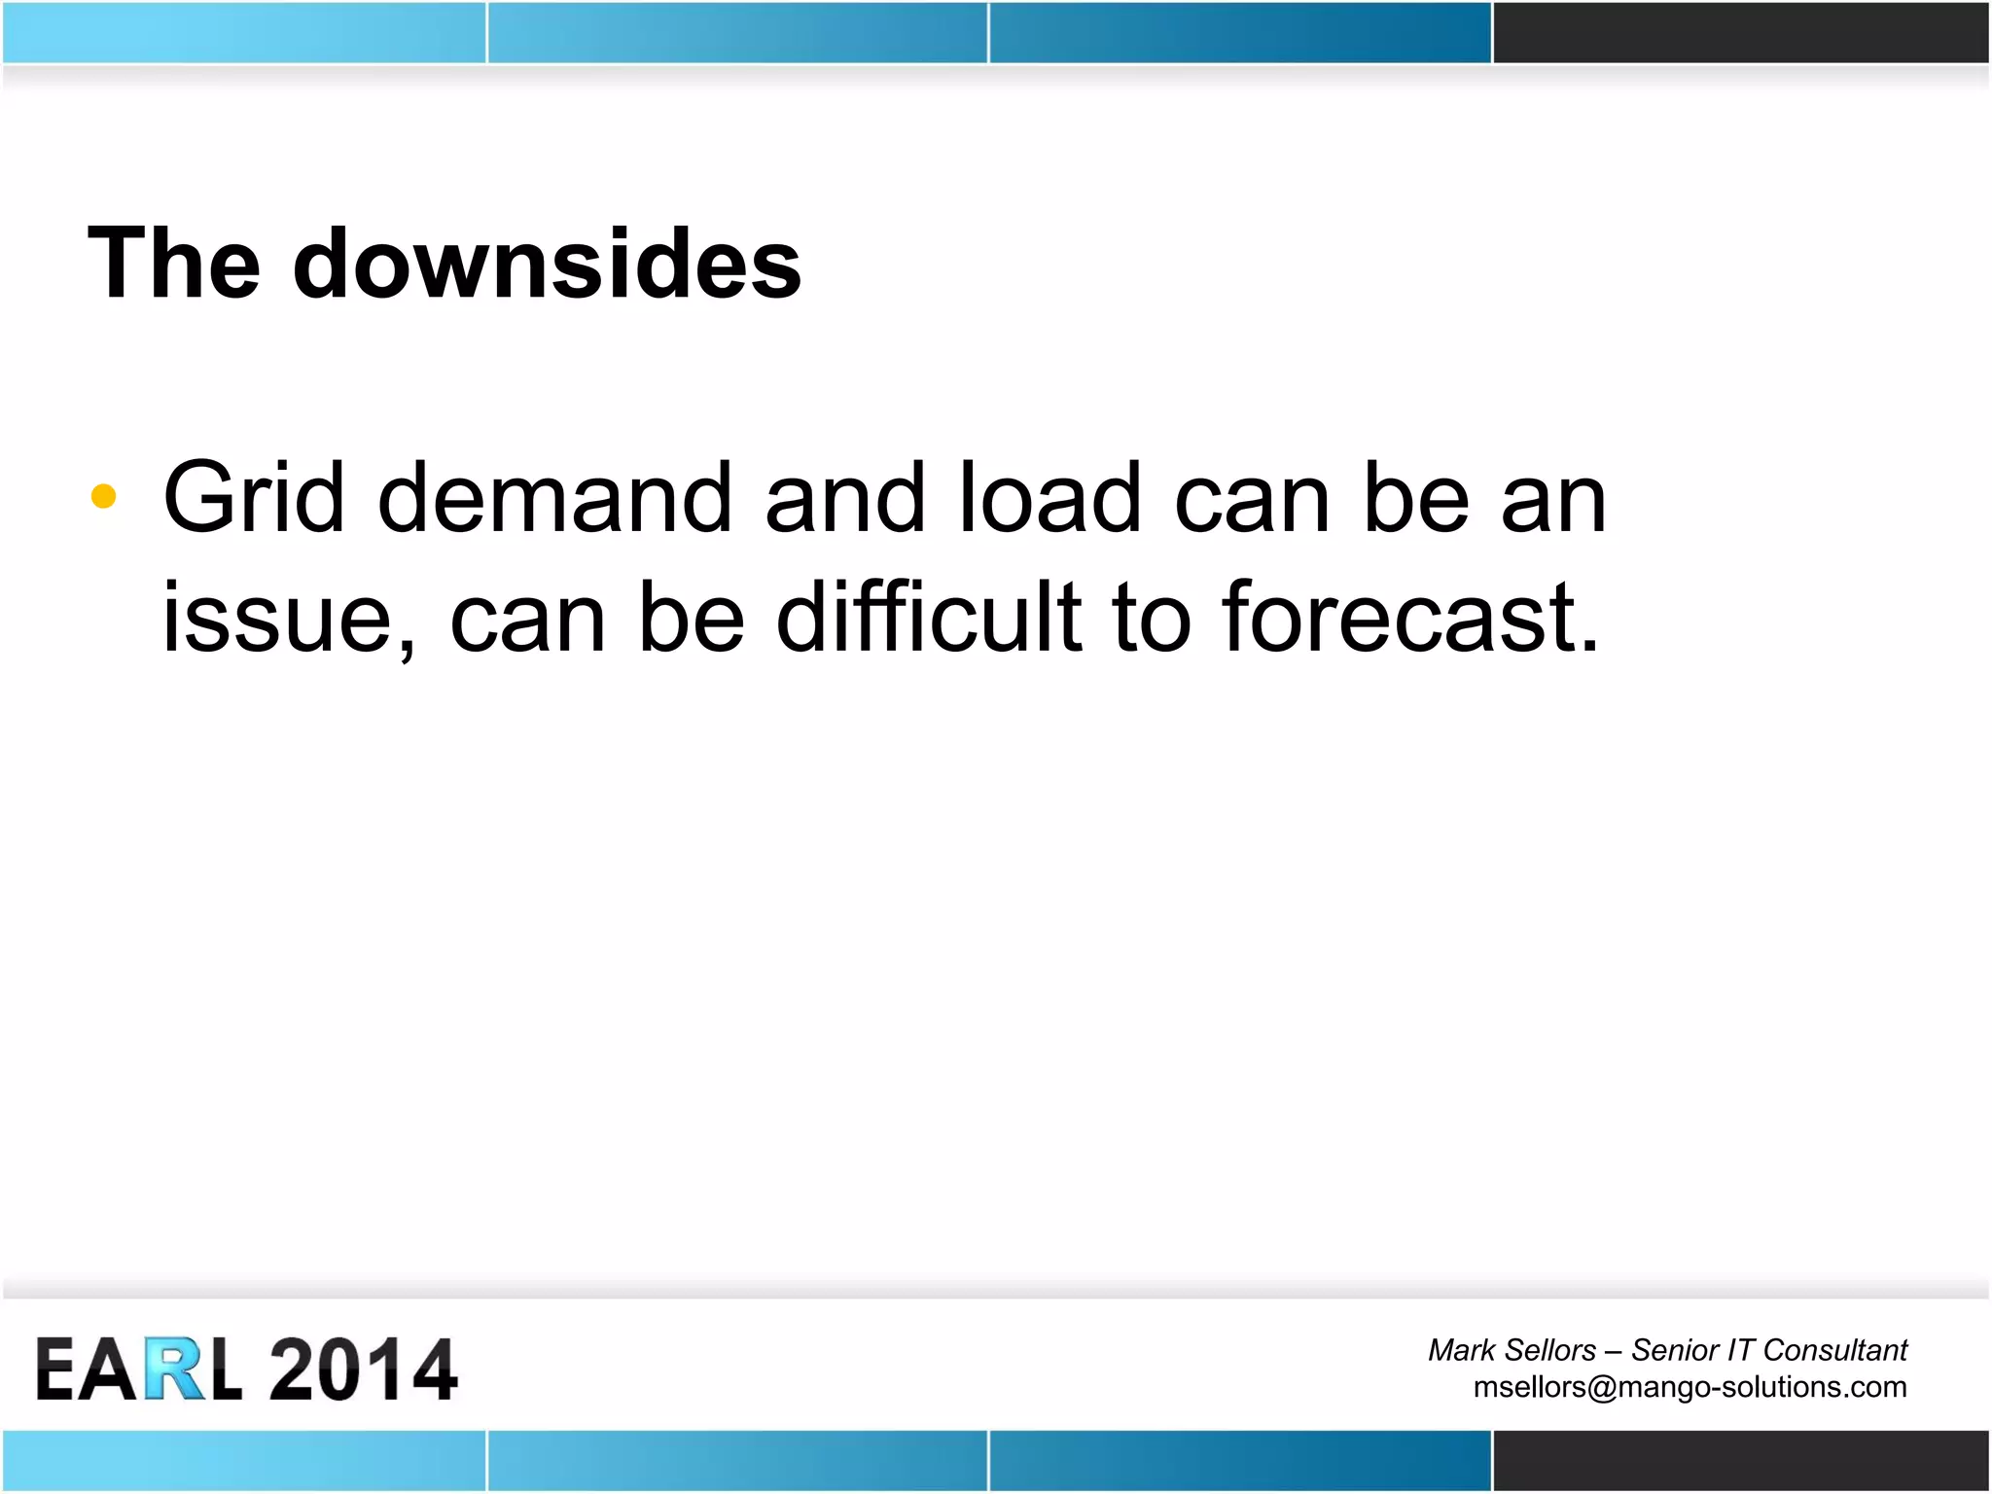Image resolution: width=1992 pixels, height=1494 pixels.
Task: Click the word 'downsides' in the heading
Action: pyautogui.click(x=547, y=264)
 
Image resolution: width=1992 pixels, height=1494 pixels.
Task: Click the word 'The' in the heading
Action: pyautogui.click(x=173, y=264)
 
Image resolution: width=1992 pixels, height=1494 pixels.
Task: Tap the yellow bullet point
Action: pyautogui.click(x=103, y=497)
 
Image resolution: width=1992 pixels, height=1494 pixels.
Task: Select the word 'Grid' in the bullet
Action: pyautogui.click(x=253, y=498)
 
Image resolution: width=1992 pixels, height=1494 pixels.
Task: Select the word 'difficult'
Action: pyautogui.click(x=929, y=617)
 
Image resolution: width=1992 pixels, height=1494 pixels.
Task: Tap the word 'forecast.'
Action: pyautogui.click(x=1410, y=617)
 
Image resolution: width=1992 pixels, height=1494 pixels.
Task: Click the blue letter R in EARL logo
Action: pyautogui.click(x=175, y=1369)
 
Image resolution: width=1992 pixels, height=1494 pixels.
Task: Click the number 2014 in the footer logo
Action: pyautogui.click(x=362, y=1369)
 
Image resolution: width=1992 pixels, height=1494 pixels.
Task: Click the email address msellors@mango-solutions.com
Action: pyautogui.click(x=1690, y=1387)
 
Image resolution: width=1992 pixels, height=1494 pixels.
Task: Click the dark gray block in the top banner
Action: pyautogui.click(x=1741, y=32)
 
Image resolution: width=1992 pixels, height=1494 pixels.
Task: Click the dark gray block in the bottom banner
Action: pyautogui.click(x=1741, y=1460)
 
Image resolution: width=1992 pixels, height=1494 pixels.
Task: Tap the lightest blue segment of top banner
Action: pyautogui.click(x=243, y=32)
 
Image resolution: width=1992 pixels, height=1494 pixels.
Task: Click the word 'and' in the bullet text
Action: pyautogui.click(x=844, y=498)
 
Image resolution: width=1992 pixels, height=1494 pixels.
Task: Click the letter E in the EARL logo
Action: pyautogui.click(x=55, y=1369)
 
